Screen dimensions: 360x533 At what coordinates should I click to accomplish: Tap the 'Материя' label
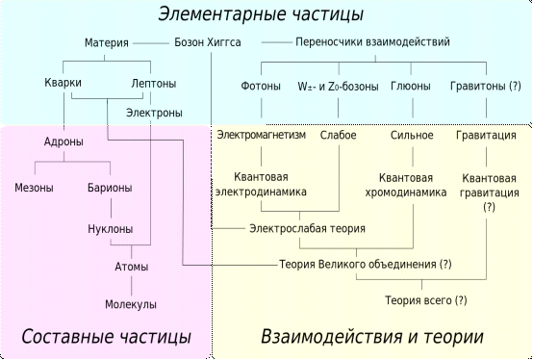tap(107, 43)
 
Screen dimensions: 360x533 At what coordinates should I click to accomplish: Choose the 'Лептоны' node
tap(152, 85)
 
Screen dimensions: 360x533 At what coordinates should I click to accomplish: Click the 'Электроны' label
tap(153, 113)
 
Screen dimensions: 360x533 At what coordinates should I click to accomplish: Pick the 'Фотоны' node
tap(260, 86)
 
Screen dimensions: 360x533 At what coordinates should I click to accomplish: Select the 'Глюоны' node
tap(411, 86)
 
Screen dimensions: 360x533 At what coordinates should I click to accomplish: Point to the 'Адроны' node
tap(63, 142)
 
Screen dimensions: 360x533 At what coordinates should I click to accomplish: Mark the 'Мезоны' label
tap(34, 187)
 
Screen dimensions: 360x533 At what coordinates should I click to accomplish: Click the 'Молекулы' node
tap(131, 304)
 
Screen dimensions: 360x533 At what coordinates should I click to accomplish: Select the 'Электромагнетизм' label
tap(262, 135)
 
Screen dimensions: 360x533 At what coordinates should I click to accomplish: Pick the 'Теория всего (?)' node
tap(424, 300)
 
